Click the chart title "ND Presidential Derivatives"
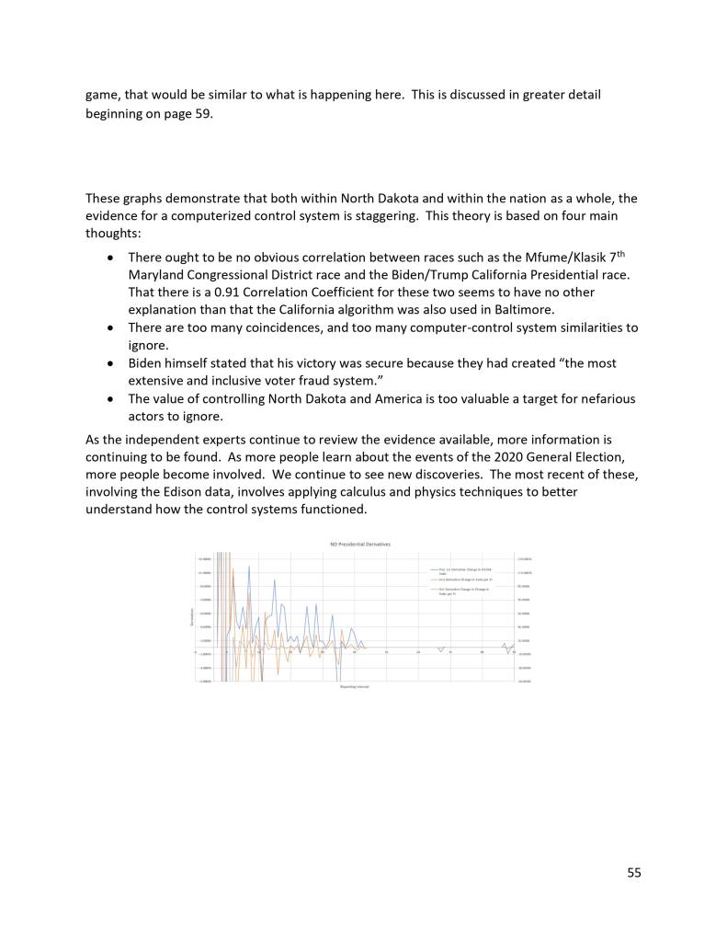coord(360,545)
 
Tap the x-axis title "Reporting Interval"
coord(354,687)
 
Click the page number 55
coord(634,872)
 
